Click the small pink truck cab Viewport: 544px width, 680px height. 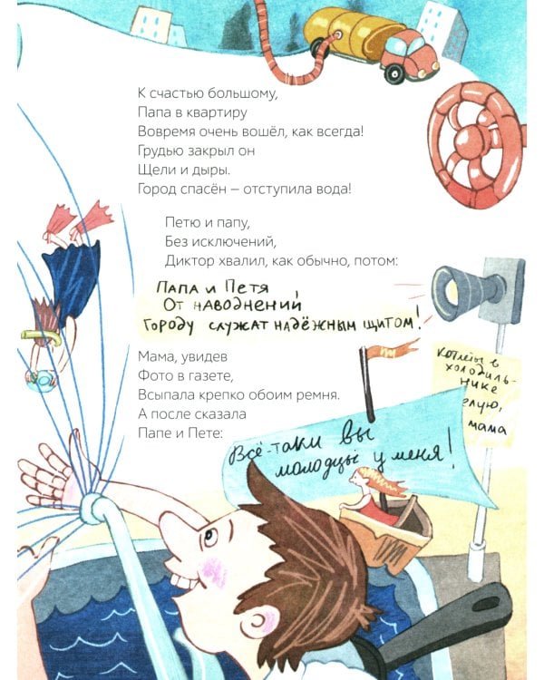405,54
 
